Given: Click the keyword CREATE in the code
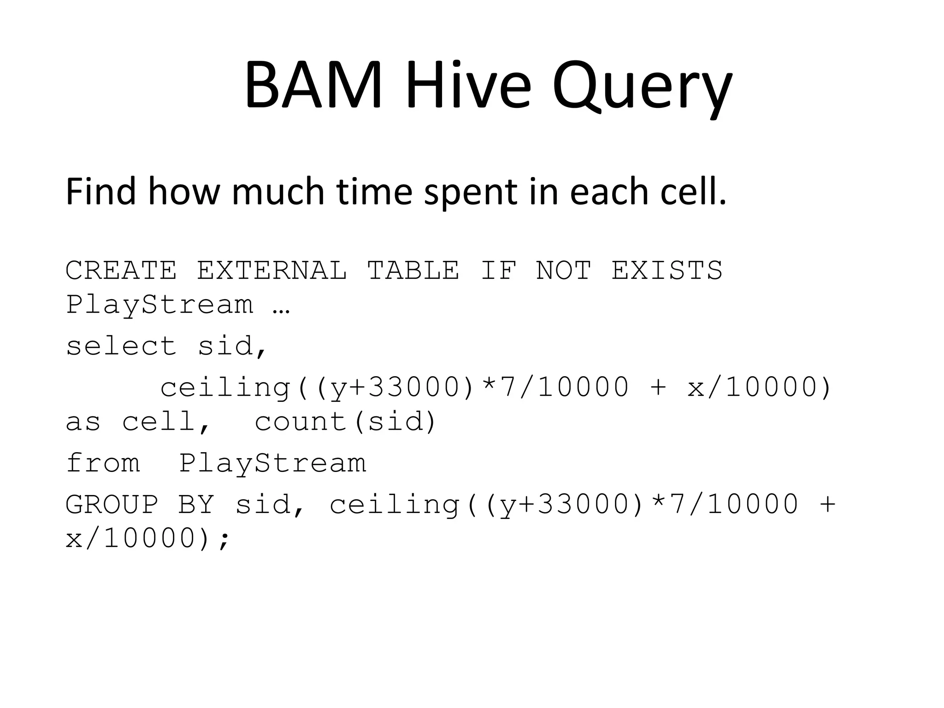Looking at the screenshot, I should point(121,270).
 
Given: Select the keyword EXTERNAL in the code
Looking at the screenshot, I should point(272,270).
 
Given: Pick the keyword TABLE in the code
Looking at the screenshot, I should point(413,270).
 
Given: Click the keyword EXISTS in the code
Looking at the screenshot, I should point(667,270).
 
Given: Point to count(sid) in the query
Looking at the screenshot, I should point(345,422).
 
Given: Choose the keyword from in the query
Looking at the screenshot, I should point(103,463).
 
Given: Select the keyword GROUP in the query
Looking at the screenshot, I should point(112,504).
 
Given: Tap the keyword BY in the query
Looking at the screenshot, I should point(196,504).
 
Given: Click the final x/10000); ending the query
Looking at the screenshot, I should point(147,538).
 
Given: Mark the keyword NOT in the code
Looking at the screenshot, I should point(563,270).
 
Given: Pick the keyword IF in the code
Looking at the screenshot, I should point(498,270).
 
